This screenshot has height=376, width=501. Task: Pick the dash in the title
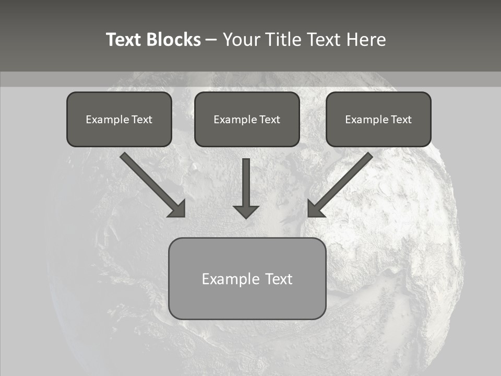point(211,40)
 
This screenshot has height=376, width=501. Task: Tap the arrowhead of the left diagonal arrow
point(178,209)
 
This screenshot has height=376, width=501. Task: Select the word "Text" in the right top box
point(401,120)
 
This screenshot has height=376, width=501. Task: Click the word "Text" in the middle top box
point(269,120)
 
